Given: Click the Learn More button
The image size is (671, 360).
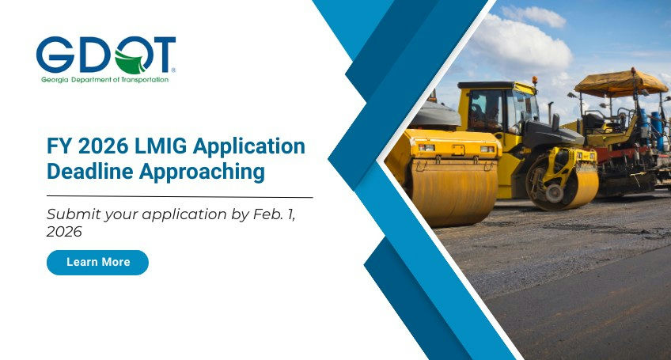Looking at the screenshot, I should (97, 262).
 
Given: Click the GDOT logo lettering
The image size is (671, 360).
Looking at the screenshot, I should (105, 55).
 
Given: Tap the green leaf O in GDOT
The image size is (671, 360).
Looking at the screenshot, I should (129, 57).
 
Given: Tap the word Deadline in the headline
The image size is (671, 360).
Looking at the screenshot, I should (86, 171).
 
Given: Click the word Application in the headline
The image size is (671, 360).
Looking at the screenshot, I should (250, 147).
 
